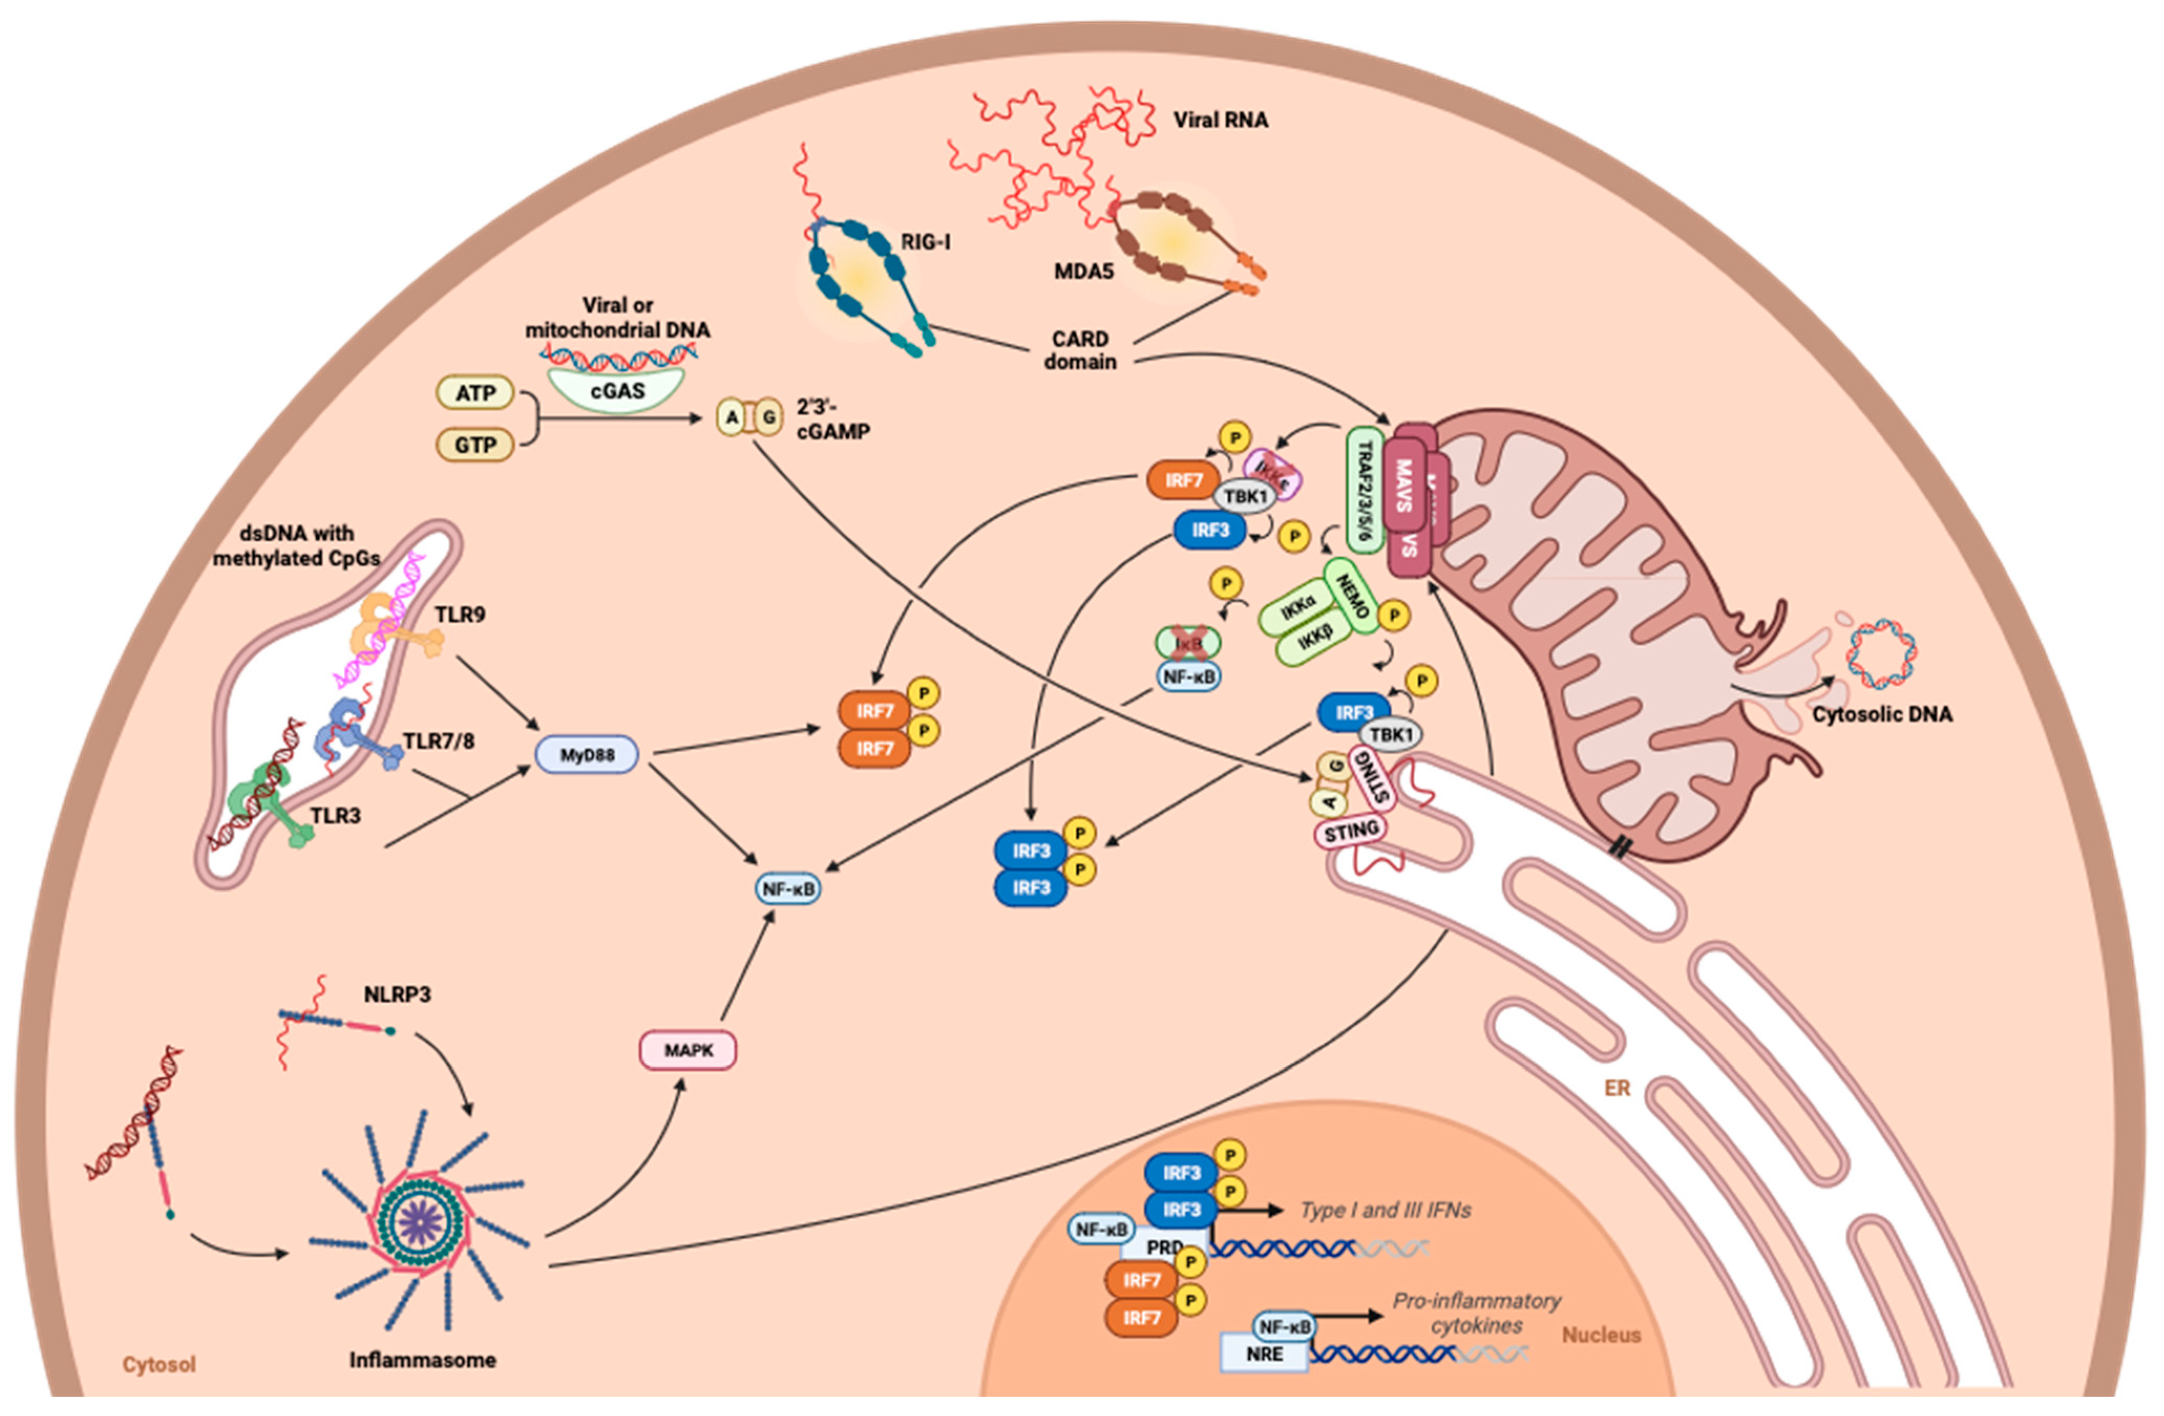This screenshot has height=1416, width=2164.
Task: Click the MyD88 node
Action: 586,755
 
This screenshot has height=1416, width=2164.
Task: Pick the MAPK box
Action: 688,1050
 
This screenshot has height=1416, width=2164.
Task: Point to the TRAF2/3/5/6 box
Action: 1364,491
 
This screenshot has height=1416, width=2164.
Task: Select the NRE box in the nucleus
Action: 1264,1353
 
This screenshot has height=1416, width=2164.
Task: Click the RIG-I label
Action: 925,242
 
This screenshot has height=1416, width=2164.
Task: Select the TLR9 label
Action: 459,615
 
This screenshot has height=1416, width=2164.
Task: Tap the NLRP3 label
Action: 397,994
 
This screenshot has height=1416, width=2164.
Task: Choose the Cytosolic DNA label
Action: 1882,714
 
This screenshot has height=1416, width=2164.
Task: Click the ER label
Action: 1618,1087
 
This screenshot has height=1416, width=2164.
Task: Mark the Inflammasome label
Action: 423,1360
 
